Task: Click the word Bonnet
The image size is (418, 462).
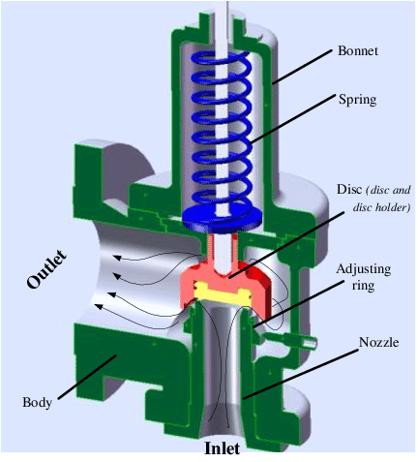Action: [357, 49]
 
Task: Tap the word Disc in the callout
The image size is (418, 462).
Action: [349, 189]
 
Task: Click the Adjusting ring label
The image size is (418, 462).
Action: [362, 275]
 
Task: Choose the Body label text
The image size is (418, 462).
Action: [37, 401]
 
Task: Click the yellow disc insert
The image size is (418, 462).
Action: [224, 288]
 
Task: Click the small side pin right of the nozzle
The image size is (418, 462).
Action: [307, 340]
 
